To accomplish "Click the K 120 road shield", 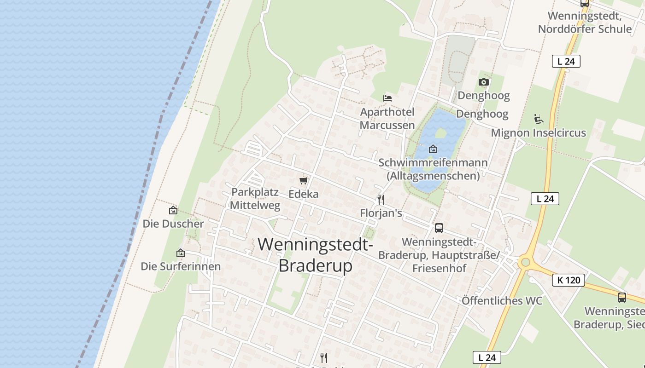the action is (568, 280).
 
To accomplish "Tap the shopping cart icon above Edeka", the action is (303, 180).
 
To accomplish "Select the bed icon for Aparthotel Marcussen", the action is (387, 98).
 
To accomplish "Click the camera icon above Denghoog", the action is (483, 82).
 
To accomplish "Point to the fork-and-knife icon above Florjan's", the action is (381, 199).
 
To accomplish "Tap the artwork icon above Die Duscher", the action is (173, 210).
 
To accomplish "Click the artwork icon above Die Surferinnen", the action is (181, 253).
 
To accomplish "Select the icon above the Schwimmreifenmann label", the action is (433, 149).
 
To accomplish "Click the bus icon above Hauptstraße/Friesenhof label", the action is (439, 228).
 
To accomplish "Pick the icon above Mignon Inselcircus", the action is (538, 119).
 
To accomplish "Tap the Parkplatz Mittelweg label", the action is (255, 199).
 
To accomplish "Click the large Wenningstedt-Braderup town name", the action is (316, 254).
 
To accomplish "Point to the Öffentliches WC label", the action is (502, 301).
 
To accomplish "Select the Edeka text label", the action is (303, 194).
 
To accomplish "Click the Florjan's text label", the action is (381, 213).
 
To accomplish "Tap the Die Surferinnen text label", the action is (181, 266).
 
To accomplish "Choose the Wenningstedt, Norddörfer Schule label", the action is (585, 23).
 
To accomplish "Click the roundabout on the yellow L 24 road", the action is (525, 262).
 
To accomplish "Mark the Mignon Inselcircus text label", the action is (538, 133).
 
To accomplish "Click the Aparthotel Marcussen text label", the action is (387, 119).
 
